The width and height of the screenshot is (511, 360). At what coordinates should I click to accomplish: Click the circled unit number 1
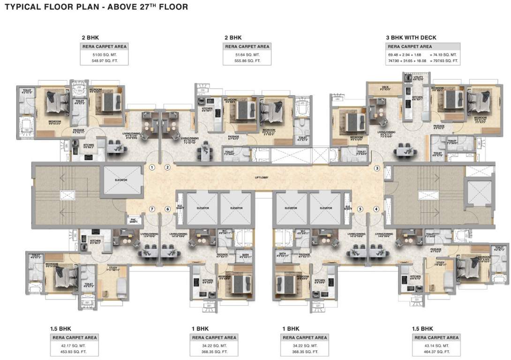[152, 167]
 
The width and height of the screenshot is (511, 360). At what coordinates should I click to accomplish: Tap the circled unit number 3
[376, 168]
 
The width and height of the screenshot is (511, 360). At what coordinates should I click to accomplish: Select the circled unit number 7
[152, 209]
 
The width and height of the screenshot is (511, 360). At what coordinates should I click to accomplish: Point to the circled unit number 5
[360, 209]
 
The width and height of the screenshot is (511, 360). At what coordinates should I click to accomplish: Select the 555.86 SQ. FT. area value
[247, 61]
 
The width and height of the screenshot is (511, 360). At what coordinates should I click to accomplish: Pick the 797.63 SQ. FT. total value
[444, 61]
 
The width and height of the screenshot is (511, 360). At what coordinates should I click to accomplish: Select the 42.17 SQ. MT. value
[74, 345]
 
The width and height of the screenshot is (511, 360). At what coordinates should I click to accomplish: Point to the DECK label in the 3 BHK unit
[385, 87]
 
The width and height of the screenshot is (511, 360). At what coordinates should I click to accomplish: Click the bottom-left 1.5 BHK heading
[61, 328]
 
